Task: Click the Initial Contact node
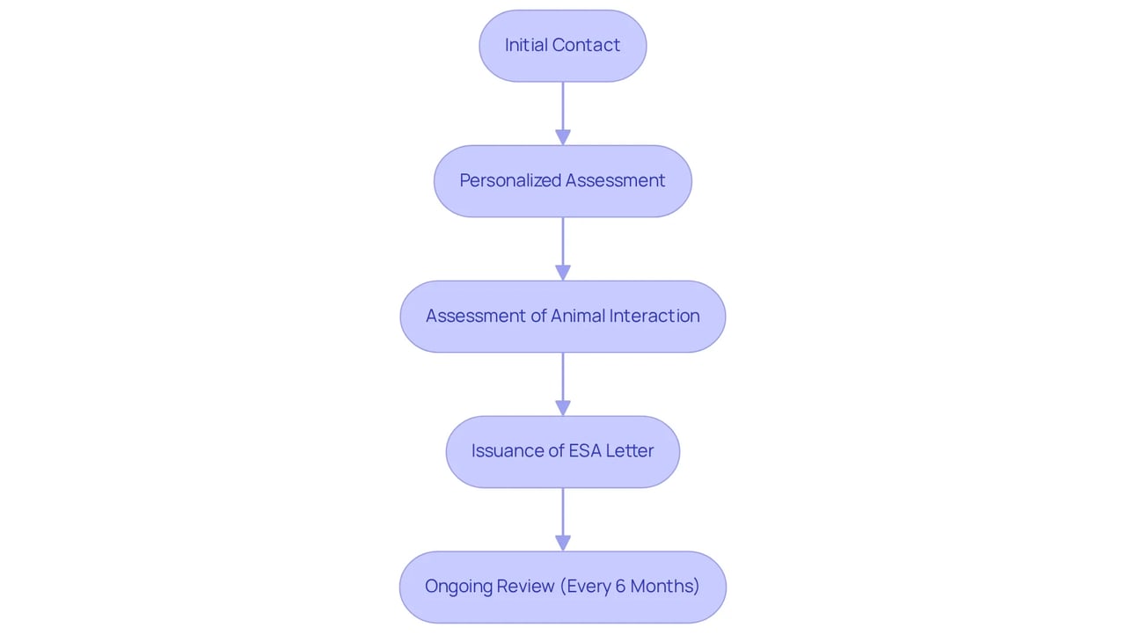coord(562,46)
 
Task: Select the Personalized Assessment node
coord(562,181)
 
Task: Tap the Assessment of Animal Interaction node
coord(562,317)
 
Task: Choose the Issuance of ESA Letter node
coord(562,452)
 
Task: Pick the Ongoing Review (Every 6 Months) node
coord(562,588)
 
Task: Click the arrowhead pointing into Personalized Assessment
coord(562,138)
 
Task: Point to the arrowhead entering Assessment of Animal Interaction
coord(562,273)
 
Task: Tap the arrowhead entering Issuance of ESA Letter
coord(562,408)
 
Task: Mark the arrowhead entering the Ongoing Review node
coord(562,544)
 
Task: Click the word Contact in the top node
coord(586,45)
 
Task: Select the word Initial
coord(526,45)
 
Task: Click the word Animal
coord(578,316)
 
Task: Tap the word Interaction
coord(654,316)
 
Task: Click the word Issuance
coord(508,450)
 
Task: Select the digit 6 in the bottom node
coord(620,587)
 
